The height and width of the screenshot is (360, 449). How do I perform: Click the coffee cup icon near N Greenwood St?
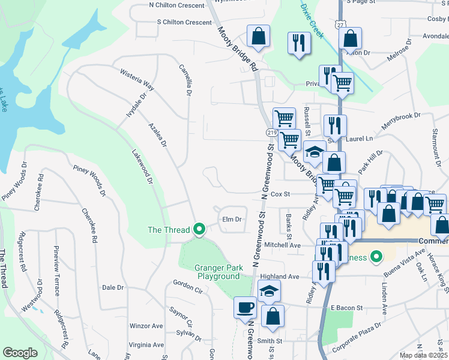pyautogui.click(x=245, y=308)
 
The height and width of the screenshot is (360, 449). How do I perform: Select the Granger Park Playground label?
pyautogui.click(x=217, y=272)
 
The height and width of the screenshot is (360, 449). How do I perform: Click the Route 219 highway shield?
pyautogui.click(x=271, y=131)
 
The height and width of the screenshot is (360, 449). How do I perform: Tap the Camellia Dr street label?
pyautogui.click(x=185, y=82)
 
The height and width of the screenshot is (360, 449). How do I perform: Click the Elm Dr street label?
pyautogui.click(x=232, y=220)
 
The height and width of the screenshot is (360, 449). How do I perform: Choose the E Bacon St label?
pyautogui.click(x=348, y=308)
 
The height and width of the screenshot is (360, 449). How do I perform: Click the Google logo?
pyautogui.click(x=20, y=353)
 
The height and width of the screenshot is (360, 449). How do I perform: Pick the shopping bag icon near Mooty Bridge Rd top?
pyautogui.click(x=258, y=36)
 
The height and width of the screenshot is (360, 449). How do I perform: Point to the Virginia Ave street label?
pyautogui.click(x=146, y=345)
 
